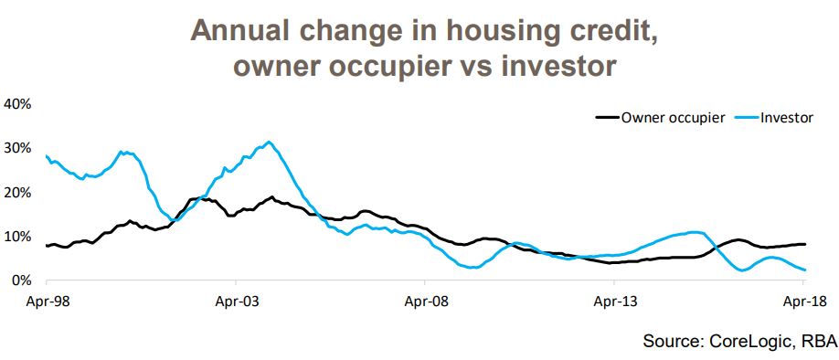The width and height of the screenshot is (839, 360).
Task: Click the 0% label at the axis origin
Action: click(x=22, y=281)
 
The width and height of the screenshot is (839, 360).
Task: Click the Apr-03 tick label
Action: click(x=235, y=298)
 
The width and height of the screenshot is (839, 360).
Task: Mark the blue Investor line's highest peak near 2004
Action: click(x=268, y=142)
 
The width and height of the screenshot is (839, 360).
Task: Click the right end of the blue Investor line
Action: click(x=804, y=270)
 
